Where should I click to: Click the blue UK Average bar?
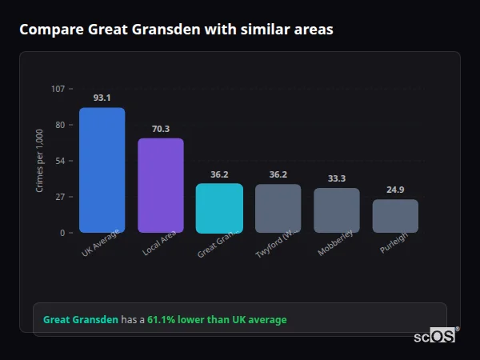[x=102, y=170]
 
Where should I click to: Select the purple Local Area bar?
[x=161, y=186]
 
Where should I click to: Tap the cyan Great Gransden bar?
[x=219, y=208]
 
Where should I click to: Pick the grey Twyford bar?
[x=278, y=208]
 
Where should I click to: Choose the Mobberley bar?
[x=337, y=210]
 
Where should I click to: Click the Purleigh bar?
[x=395, y=216]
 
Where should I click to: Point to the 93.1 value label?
[x=102, y=98]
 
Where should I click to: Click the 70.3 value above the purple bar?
[x=161, y=129]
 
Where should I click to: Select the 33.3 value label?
[x=337, y=178]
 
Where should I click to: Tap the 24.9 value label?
[x=395, y=190]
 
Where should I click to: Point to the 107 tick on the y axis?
[x=58, y=89]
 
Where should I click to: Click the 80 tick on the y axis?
[x=59, y=125]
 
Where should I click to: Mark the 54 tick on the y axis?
[x=59, y=161]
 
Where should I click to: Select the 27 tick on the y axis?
[x=59, y=197]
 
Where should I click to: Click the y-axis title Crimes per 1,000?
[x=40, y=161]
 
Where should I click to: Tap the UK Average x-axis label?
[x=101, y=243]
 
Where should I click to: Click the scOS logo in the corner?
[x=435, y=336]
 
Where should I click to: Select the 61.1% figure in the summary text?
[x=161, y=320]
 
